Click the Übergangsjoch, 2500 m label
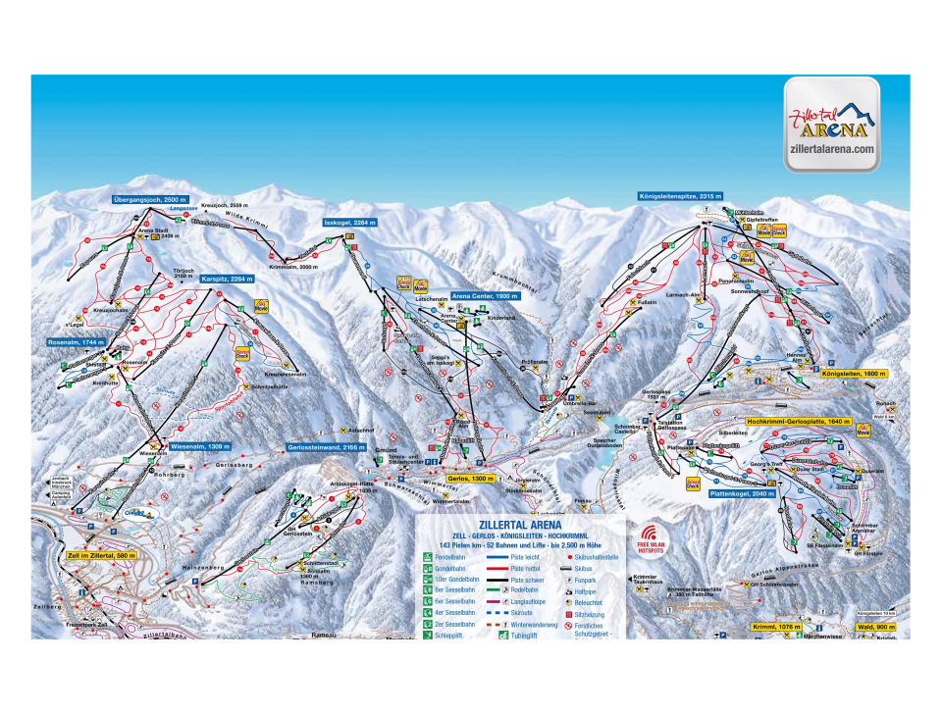click(148, 199)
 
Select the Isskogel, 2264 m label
click(350, 224)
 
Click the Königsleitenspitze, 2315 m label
click(680, 196)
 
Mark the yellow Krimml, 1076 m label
click(777, 626)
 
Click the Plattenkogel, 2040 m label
click(743, 493)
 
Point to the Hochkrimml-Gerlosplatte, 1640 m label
click(796, 422)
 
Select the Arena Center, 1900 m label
click(485, 295)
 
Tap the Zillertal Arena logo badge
click(831, 125)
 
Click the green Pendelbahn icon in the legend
click(428, 555)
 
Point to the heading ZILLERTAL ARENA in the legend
click(520, 525)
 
